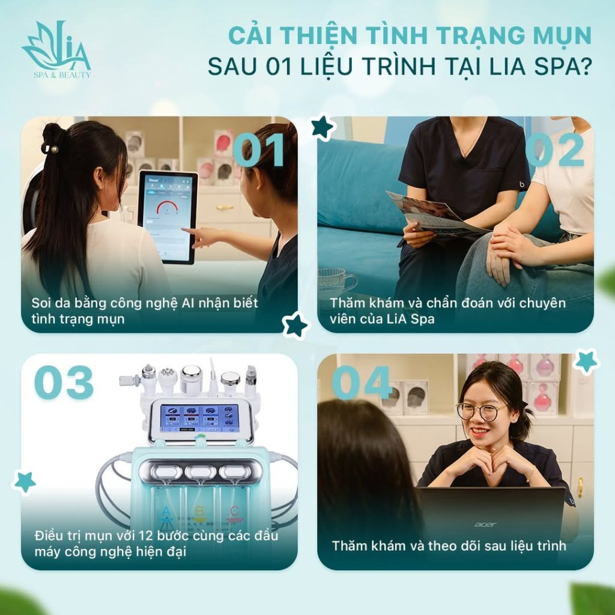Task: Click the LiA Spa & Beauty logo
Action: point(56,49)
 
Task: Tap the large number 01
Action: point(258,150)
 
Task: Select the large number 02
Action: point(554,150)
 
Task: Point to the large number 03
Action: point(64,382)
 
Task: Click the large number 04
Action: point(362,382)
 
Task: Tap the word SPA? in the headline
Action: point(562,67)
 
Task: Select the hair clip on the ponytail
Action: point(50,149)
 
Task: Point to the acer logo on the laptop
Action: point(485,524)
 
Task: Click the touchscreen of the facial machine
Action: point(199,418)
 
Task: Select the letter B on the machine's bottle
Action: point(200,512)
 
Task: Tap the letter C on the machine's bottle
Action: point(235,512)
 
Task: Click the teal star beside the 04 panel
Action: point(586,361)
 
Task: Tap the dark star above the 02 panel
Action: point(322,127)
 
